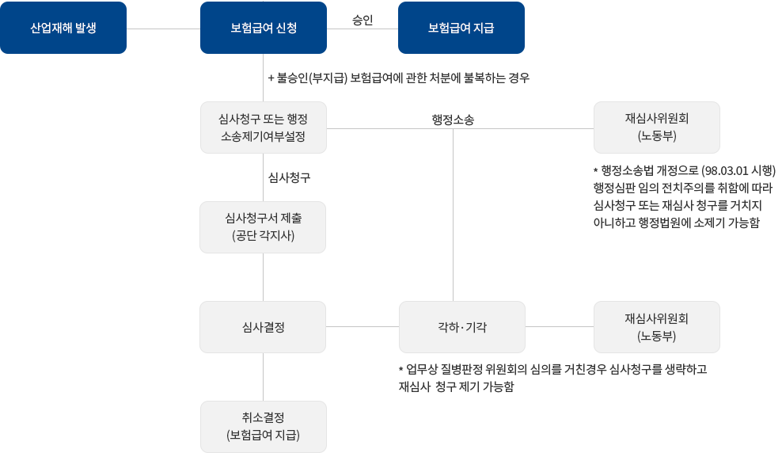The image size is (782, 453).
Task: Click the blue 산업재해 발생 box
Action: point(63,28)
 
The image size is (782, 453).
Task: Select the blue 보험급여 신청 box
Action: point(263,28)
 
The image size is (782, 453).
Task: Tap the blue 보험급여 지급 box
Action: point(461,28)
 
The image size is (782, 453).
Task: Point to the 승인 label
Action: point(362,19)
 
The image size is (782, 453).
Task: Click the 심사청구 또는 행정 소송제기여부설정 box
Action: point(263,127)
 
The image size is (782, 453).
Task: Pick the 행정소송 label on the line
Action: point(453,120)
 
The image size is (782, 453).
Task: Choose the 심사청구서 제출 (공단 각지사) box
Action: point(263,226)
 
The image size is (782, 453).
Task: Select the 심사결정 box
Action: point(263,326)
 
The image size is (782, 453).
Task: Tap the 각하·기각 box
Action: point(462,326)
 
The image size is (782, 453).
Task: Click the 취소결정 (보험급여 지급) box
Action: point(263,426)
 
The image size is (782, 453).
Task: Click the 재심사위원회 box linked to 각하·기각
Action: point(656,326)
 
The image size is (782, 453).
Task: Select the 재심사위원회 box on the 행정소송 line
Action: point(656,127)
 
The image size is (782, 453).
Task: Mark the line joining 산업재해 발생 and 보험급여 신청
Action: point(162,29)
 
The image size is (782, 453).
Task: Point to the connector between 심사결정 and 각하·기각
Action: point(362,326)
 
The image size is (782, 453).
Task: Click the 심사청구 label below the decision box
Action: point(289,178)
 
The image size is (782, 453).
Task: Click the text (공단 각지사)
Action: point(263,235)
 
